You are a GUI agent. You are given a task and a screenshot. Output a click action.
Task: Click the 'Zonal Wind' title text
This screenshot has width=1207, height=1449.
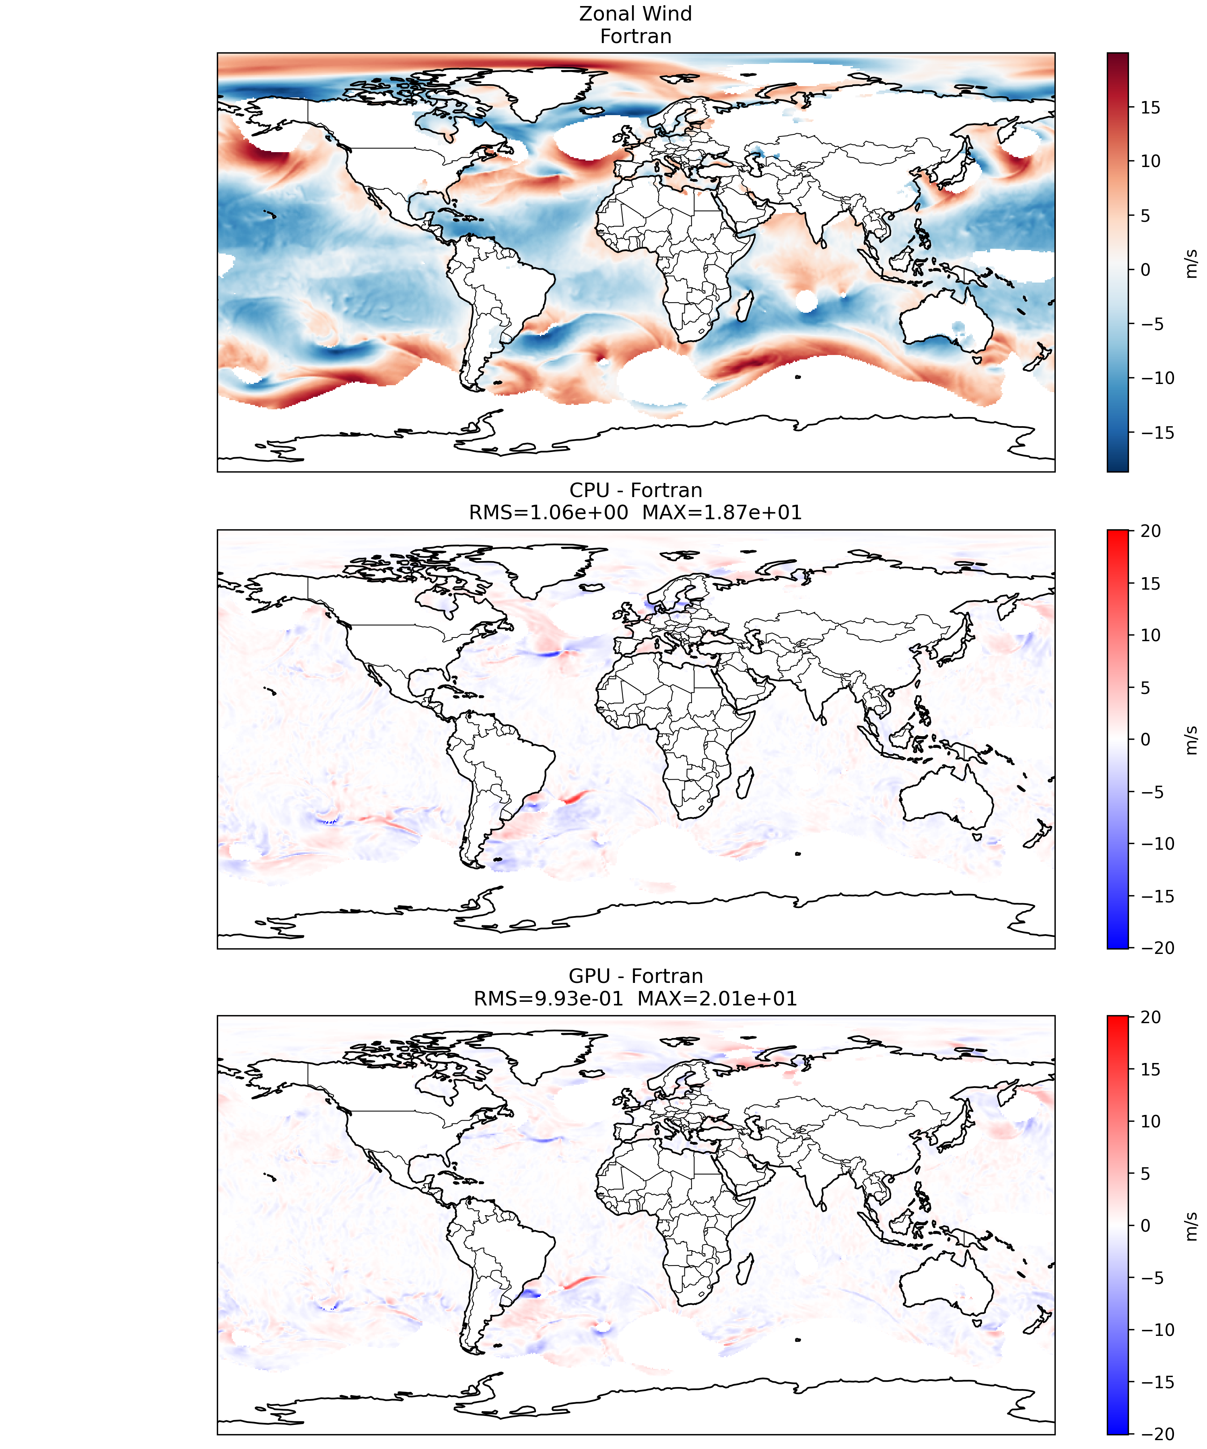pos(635,14)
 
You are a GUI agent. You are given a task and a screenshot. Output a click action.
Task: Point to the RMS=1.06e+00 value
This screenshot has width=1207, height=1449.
pos(548,513)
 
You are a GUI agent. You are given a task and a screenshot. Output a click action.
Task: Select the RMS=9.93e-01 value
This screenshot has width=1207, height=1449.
pos(548,999)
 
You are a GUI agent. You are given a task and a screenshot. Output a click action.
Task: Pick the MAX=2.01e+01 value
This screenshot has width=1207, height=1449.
pos(717,999)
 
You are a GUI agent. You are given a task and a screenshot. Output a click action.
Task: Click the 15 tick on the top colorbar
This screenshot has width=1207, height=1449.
pos(1150,107)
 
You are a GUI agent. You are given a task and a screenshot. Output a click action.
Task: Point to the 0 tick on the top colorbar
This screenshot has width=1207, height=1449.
pos(1145,270)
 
